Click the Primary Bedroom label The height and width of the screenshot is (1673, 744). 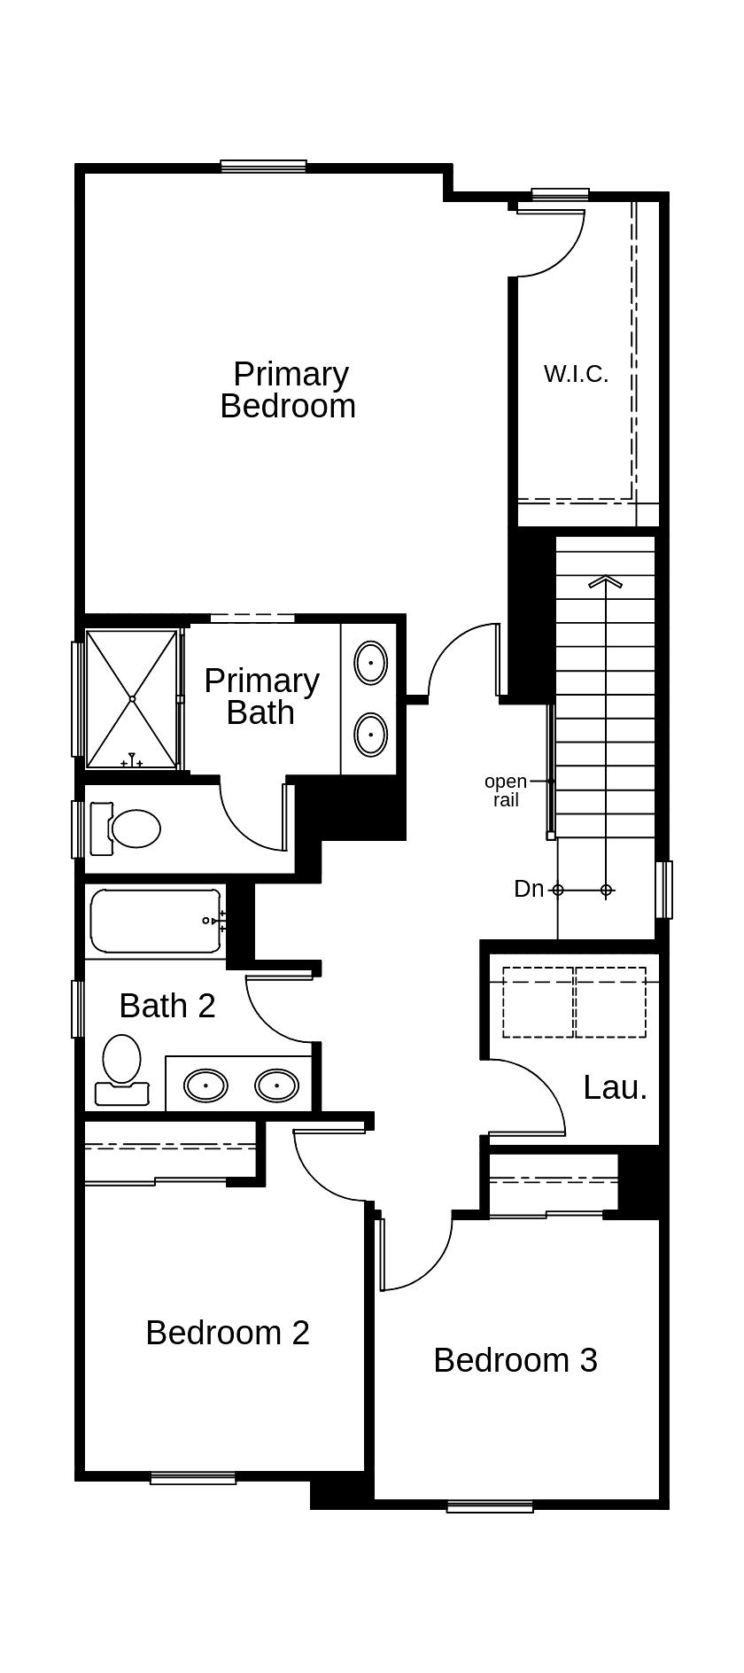[289, 390]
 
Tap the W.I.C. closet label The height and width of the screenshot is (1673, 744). [576, 374]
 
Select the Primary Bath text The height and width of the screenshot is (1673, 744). [261, 696]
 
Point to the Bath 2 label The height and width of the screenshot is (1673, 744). [167, 1006]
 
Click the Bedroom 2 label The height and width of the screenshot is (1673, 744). [228, 1333]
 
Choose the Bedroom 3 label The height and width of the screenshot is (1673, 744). [515, 1360]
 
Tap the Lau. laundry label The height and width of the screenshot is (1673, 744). [615, 1088]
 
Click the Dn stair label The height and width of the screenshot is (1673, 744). [529, 889]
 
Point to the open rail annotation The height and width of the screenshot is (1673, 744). [505, 790]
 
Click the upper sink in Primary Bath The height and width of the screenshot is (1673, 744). [370, 663]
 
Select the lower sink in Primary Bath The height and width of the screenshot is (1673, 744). [370, 735]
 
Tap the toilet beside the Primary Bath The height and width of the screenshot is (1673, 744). [134, 829]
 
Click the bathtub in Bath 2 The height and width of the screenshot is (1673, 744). [156, 922]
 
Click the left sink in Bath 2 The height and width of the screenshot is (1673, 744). [205, 1085]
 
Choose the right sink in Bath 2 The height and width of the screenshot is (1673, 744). [276, 1085]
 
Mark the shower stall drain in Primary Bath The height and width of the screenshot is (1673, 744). [132, 699]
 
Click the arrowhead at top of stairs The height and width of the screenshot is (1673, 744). [605, 582]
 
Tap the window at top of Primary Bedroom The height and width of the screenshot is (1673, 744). [263, 166]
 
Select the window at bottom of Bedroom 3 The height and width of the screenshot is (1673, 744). [490, 1506]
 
